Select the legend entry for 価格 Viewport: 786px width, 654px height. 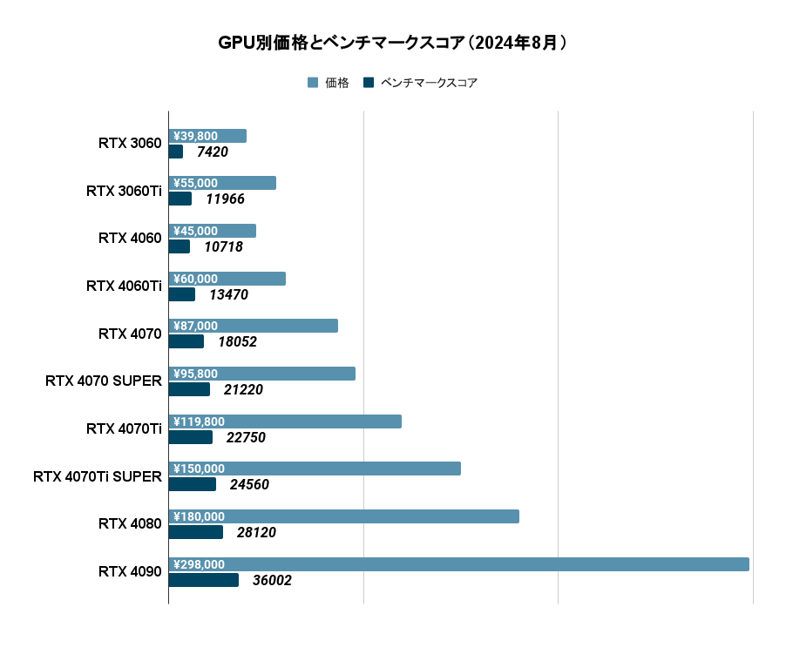point(329,83)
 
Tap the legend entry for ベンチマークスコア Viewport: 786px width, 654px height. point(421,83)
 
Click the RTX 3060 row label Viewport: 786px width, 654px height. point(130,144)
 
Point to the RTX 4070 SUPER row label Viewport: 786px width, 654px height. point(104,381)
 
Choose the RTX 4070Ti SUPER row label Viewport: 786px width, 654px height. point(98,476)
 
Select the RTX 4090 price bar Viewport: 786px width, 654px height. point(458,564)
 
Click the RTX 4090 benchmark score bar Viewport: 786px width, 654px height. point(203,580)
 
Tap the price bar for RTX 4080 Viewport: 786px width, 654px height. point(343,516)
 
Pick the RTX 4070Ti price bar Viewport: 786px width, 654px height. point(285,421)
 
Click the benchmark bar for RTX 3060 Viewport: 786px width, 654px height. point(175,152)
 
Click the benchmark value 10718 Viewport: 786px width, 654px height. point(223,247)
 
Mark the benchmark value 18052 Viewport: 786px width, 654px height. point(237,342)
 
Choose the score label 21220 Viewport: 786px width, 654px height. point(243,390)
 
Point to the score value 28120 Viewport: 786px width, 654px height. point(256,533)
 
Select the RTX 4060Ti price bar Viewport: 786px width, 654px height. point(227,279)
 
